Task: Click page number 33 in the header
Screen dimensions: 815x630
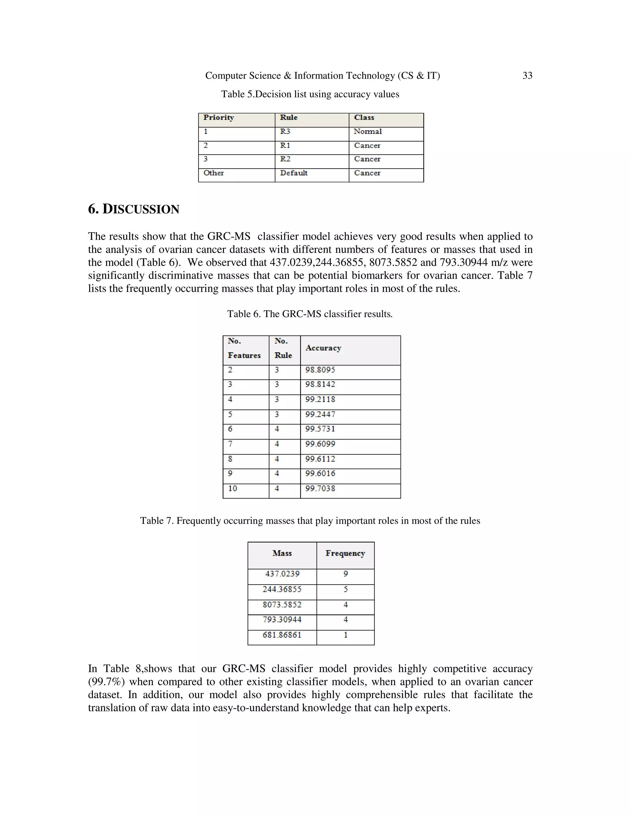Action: coord(527,76)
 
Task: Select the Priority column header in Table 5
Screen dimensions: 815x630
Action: coord(219,117)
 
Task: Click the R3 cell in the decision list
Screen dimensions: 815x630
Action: coord(285,131)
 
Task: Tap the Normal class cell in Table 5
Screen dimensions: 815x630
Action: coord(368,131)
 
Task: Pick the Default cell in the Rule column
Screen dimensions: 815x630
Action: coord(294,173)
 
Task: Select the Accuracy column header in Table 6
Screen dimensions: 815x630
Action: coord(323,348)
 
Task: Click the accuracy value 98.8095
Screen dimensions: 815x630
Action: coord(320,370)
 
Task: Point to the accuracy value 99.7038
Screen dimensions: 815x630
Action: coord(320,488)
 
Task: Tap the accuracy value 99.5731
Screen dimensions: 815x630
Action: coord(320,429)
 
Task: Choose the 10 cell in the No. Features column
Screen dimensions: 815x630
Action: coord(233,488)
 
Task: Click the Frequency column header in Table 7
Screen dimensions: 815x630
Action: coord(345,553)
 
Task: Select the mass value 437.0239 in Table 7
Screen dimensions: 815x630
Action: coord(282,574)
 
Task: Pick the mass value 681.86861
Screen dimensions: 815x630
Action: coord(282,635)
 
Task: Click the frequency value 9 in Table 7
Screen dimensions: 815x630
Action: coord(345,574)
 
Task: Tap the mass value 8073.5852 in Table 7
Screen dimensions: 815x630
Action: coord(282,605)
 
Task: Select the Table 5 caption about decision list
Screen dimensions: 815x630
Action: coord(310,94)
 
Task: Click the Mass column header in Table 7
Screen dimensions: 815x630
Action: coord(282,553)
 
